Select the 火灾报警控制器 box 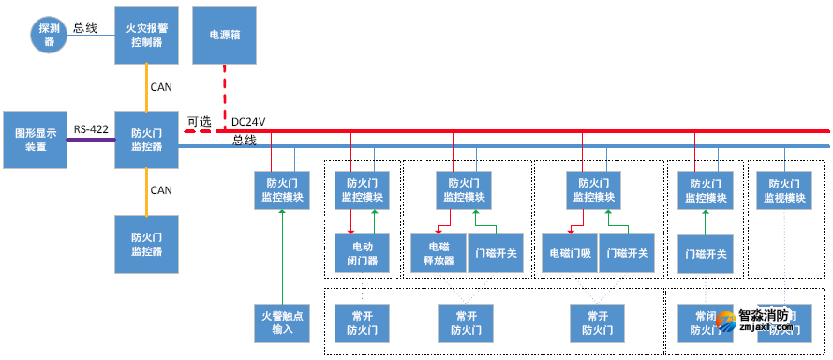[145, 36]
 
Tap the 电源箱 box [223, 34]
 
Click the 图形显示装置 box [35, 140]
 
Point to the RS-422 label [91, 129]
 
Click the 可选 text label [200, 121]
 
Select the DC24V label [249, 121]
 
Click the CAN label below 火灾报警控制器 [161, 87]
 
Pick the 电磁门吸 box [569, 252]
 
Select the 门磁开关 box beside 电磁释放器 [496, 252]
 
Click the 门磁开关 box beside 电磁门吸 [625, 252]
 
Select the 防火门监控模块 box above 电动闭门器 [361, 190]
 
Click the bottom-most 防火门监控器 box [145, 245]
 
